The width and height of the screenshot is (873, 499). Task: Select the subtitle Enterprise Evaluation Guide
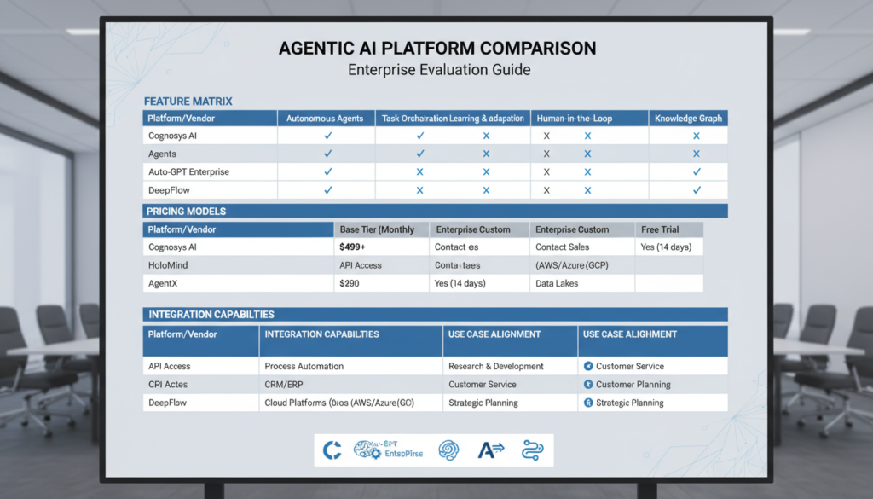coord(439,70)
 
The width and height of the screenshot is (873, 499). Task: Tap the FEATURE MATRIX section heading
coord(188,102)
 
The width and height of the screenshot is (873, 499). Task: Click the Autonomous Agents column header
coord(327,119)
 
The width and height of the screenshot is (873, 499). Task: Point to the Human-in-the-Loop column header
coord(573,119)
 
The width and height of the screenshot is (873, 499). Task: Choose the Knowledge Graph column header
coord(689,119)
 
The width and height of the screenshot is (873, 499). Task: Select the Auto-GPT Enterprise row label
coord(188,171)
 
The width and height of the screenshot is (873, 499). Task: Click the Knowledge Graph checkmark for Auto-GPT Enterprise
coord(697,171)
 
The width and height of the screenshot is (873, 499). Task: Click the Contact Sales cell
coord(564,247)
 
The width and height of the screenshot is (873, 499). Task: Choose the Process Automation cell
coord(304,366)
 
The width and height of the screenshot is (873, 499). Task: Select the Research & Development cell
coord(496,366)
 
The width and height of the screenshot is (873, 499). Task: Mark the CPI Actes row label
coord(169,385)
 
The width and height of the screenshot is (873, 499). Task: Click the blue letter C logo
coord(332,450)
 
